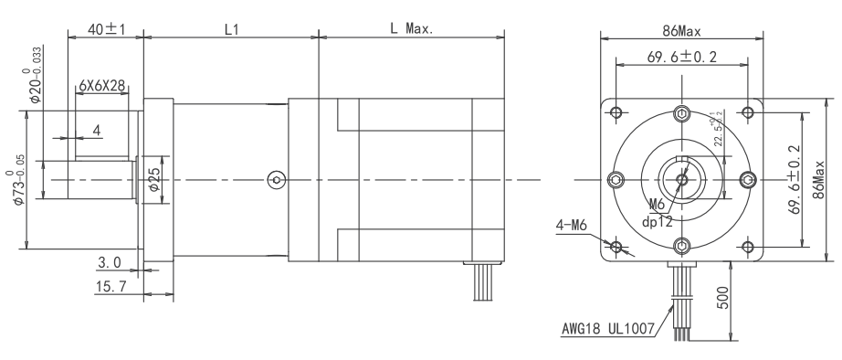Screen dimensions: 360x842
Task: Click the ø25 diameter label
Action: pyautogui.click(x=154, y=180)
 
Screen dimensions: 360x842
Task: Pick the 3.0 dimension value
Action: pyautogui.click(x=110, y=263)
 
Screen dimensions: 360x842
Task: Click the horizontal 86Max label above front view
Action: pyautogui.click(x=681, y=29)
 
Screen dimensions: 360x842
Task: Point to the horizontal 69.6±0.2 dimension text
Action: pyautogui.click(x=681, y=58)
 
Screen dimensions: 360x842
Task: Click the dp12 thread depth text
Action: pyautogui.click(x=658, y=220)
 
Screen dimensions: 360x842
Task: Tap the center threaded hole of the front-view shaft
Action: pyautogui.click(x=681, y=180)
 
